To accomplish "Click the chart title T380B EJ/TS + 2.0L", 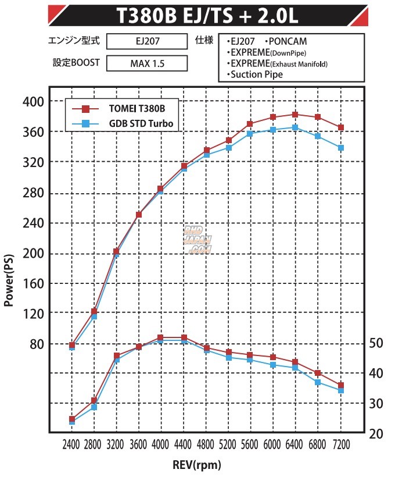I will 207,16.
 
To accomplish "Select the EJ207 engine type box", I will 147,42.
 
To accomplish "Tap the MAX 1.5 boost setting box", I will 147,62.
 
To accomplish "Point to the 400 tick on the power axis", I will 33,102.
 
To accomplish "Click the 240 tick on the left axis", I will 33,223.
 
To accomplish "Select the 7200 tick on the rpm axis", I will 341,445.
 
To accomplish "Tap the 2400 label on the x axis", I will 71,445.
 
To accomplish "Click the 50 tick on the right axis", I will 377,343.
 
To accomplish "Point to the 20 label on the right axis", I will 377,433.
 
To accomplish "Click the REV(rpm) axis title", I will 197,465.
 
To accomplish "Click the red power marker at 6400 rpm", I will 295,115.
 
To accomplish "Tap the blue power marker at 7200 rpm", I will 341,148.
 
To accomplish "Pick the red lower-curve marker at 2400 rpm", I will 72,419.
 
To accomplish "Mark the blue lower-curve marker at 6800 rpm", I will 318,382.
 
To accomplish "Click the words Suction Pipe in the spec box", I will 257,74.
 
